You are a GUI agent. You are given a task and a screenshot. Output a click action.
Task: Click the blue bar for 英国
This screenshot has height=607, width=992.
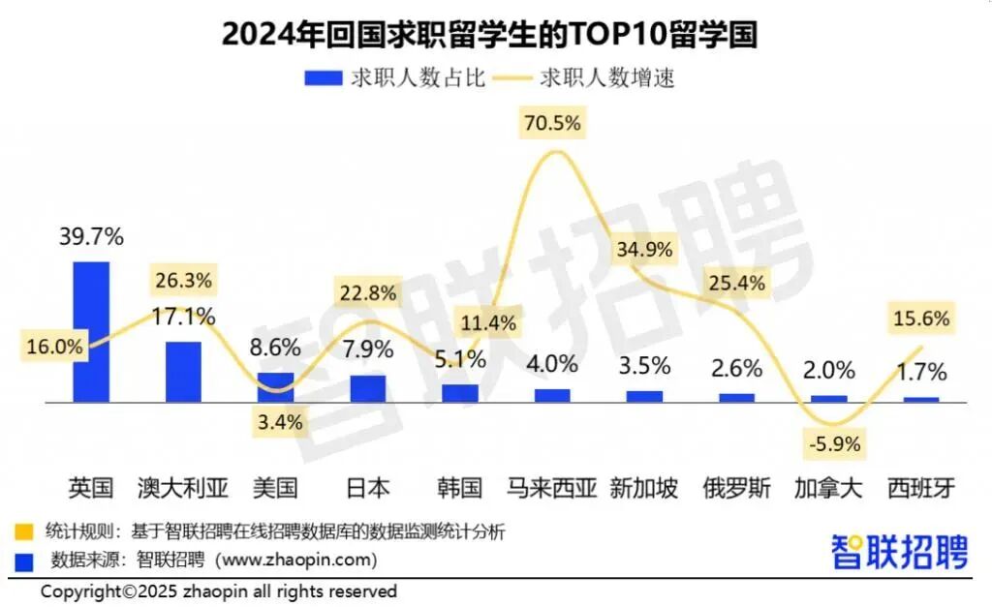click(92, 331)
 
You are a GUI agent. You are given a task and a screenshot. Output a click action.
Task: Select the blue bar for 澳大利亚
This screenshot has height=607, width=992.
click(183, 371)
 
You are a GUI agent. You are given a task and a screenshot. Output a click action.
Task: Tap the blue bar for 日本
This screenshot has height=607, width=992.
click(368, 388)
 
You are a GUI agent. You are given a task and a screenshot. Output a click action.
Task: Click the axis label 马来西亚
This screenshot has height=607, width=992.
click(552, 487)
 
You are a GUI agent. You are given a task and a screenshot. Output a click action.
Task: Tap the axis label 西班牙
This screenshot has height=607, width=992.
click(921, 487)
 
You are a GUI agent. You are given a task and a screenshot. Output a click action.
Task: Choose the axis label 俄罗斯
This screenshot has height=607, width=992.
click(736, 487)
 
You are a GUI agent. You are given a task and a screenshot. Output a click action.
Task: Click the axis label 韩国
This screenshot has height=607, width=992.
click(460, 487)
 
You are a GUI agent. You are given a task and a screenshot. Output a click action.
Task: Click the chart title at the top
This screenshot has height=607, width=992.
click(489, 34)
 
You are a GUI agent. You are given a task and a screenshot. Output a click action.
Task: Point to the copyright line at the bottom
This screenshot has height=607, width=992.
click(219, 590)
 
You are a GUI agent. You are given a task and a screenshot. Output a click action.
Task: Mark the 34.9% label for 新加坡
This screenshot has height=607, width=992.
click(643, 249)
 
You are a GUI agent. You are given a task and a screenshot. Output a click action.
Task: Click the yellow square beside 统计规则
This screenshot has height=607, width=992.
click(22, 531)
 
